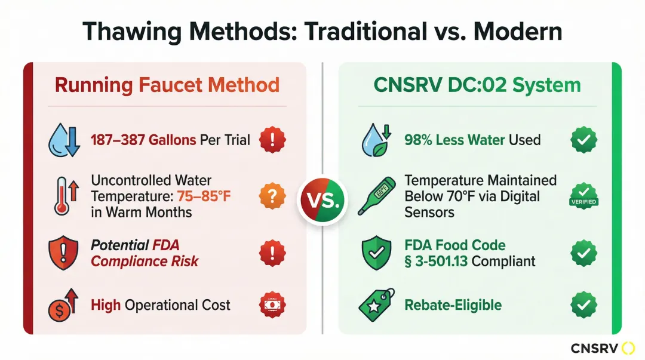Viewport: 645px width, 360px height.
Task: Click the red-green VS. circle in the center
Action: pos(322,200)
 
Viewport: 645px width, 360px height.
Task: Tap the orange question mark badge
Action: pos(272,196)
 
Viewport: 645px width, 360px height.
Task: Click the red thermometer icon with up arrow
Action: pos(66,196)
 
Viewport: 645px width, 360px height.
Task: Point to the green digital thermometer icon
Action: pos(377,196)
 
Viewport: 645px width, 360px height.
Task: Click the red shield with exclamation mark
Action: pos(63,253)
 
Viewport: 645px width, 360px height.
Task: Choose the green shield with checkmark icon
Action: pos(376,253)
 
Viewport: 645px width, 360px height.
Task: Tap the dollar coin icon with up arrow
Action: pos(63,305)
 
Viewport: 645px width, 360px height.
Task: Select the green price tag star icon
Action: pos(376,305)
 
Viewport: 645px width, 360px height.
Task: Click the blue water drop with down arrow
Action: pos(64,140)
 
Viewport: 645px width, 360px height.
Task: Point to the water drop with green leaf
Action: pos(376,140)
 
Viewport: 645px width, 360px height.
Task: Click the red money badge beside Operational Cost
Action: pos(272,305)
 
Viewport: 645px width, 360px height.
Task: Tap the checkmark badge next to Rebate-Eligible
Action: pos(583,305)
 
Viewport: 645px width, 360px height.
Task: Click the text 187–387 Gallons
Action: pos(143,140)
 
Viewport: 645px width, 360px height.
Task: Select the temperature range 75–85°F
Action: pos(204,196)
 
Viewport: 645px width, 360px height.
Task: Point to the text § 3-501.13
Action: pos(436,261)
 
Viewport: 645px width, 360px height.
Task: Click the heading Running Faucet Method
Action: pos(167,85)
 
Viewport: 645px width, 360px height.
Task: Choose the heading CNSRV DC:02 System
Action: pos(477,85)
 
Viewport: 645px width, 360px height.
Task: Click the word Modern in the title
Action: pos(518,31)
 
